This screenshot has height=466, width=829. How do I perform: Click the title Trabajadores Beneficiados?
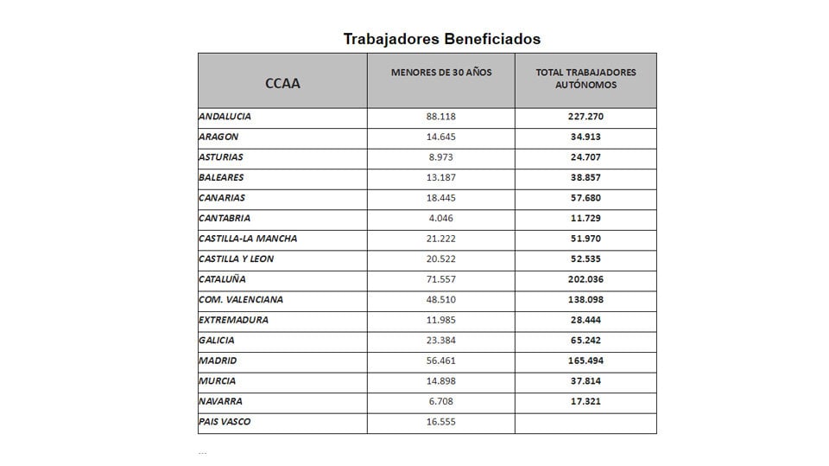(x=441, y=39)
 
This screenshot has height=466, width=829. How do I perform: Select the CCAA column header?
(x=282, y=84)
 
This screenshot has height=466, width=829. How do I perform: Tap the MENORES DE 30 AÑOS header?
(x=440, y=72)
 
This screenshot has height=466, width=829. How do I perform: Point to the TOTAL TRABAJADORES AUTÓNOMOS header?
(x=585, y=78)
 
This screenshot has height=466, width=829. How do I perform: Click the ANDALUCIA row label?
(x=225, y=117)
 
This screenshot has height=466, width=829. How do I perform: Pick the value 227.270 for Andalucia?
(x=585, y=117)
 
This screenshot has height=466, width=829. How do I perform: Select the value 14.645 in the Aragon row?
(x=440, y=137)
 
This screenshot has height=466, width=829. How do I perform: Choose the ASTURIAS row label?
(x=221, y=157)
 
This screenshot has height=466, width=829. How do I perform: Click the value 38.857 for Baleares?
(x=585, y=177)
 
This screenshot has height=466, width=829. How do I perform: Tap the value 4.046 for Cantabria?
(x=440, y=218)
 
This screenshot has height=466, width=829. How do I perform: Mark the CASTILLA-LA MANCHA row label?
(x=248, y=239)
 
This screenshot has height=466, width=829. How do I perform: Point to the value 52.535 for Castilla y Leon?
(x=585, y=259)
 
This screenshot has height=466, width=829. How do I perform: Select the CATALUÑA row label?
(x=222, y=279)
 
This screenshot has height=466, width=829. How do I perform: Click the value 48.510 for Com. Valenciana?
(x=440, y=299)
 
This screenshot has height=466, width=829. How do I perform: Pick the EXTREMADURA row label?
(x=233, y=320)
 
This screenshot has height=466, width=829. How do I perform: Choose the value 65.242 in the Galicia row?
(x=585, y=340)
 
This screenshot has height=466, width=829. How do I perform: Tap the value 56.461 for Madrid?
(x=440, y=361)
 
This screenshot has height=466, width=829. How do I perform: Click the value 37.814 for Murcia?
(x=585, y=380)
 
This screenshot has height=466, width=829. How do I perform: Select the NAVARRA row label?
(x=220, y=401)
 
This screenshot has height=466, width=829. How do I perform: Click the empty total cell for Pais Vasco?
(x=585, y=422)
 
